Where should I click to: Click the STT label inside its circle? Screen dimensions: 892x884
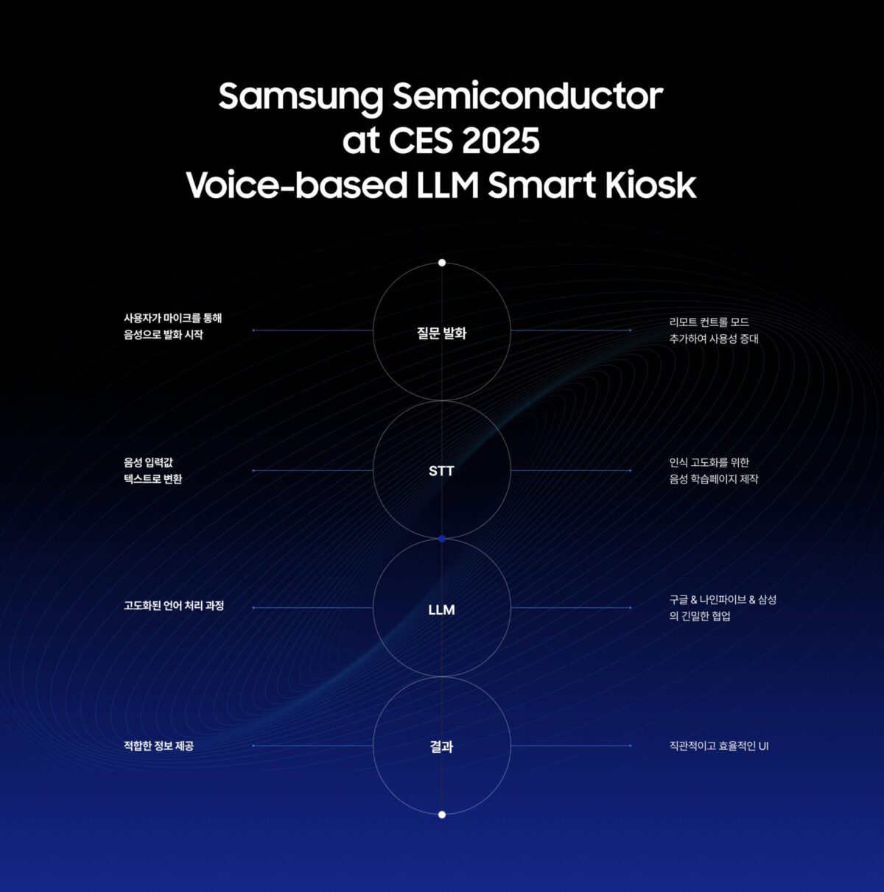click(x=441, y=471)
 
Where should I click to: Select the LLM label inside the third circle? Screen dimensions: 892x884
click(x=441, y=610)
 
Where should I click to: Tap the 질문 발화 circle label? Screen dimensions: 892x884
click(x=441, y=333)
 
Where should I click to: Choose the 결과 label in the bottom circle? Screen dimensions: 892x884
click(x=441, y=747)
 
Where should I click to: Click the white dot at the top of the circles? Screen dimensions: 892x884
click(x=442, y=263)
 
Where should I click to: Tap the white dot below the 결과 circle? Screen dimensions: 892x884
click(x=442, y=815)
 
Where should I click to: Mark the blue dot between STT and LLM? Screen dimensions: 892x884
click(x=442, y=539)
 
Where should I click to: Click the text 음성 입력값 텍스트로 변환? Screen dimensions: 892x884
click(x=152, y=471)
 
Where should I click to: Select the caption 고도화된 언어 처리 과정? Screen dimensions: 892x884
click(x=174, y=606)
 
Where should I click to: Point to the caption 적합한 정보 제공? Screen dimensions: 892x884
click(x=159, y=746)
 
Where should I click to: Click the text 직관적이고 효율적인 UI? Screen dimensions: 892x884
click(x=719, y=746)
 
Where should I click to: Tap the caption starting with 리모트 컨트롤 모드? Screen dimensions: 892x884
click(x=714, y=330)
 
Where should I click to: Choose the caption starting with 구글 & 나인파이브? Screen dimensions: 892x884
click(x=723, y=608)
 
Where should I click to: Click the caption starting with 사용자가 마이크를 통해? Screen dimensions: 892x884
click(x=172, y=327)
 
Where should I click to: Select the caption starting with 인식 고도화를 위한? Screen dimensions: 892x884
click(x=714, y=471)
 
